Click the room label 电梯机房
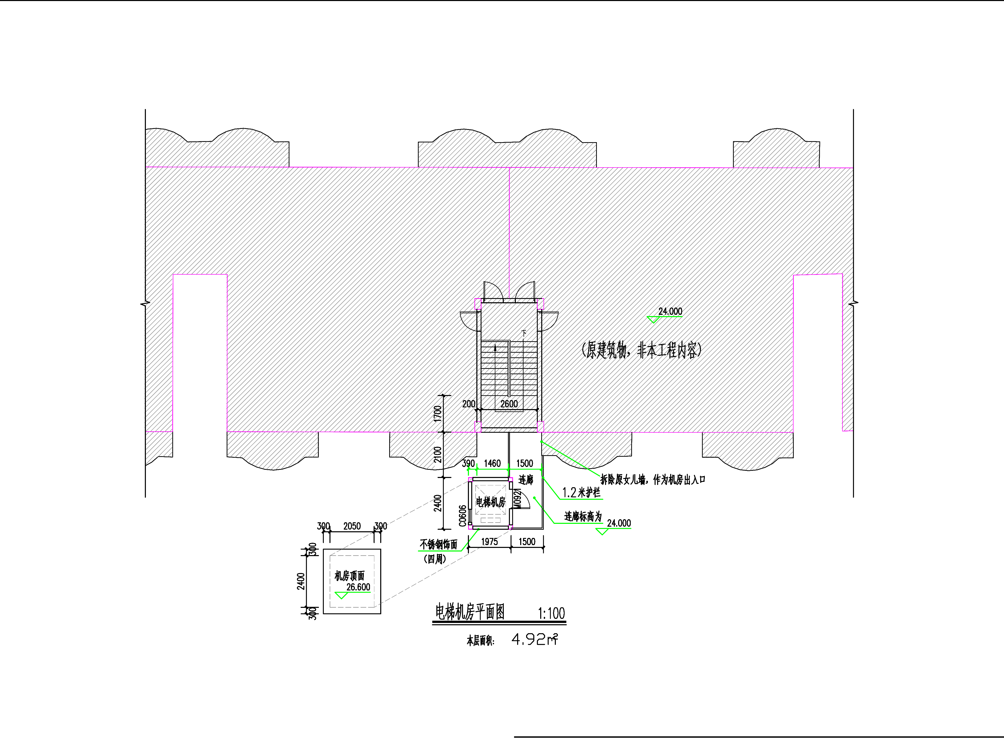pos(490,502)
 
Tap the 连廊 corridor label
pos(526,480)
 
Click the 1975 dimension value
pos(489,542)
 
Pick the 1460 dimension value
pos(492,463)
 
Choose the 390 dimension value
pos(468,463)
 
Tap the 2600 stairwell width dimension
pos(509,404)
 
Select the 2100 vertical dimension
pos(438,454)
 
